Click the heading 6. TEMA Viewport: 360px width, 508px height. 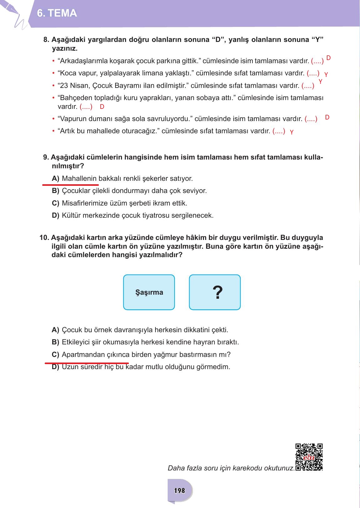(x=57, y=13)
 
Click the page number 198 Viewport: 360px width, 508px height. (x=180, y=490)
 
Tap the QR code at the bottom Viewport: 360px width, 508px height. (x=309, y=457)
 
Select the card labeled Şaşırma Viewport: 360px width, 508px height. (x=149, y=292)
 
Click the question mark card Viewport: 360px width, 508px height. (x=215, y=292)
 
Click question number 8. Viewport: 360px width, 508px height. (x=46, y=40)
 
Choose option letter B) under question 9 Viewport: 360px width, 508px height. (x=55, y=191)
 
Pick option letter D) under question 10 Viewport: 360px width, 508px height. (x=55, y=367)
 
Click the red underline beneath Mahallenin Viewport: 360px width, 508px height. (x=70, y=185)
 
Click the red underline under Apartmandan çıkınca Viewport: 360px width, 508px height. (x=87, y=363)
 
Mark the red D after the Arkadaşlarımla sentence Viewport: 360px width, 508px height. (x=328, y=58)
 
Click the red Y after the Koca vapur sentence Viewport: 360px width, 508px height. (x=326, y=75)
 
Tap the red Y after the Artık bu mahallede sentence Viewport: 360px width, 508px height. (x=292, y=132)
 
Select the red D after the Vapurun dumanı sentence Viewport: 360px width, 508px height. (x=327, y=118)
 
